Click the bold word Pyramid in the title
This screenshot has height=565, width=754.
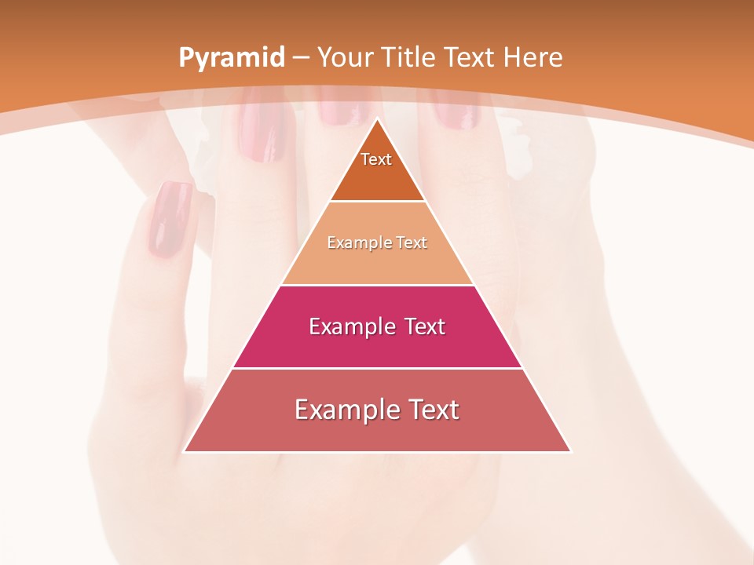pyautogui.click(x=232, y=58)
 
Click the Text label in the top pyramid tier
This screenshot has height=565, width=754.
pyautogui.click(x=376, y=159)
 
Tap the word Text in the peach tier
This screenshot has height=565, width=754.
pyautogui.click(x=412, y=243)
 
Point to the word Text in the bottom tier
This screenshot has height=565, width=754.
pyautogui.click(x=432, y=410)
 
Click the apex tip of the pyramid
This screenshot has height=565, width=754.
pyautogui.click(x=377, y=119)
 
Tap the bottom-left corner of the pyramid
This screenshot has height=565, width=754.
pyautogui.click(x=185, y=451)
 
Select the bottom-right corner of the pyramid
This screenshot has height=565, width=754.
pyautogui.click(x=570, y=451)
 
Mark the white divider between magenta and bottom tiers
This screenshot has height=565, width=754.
pyautogui.click(x=377, y=368)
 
